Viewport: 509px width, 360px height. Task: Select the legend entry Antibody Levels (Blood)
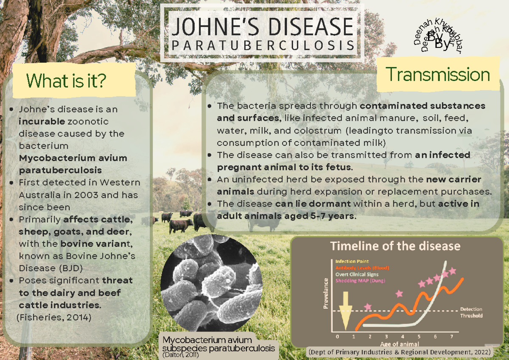point(362,268)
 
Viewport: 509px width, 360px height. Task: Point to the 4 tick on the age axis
point(403,337)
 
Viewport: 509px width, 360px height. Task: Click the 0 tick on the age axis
point(337,337)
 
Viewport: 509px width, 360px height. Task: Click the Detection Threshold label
point(471,313)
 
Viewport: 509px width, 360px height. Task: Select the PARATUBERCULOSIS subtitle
point(263,45)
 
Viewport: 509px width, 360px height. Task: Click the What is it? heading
point(66,81)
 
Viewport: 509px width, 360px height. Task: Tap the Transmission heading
point(438,75)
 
